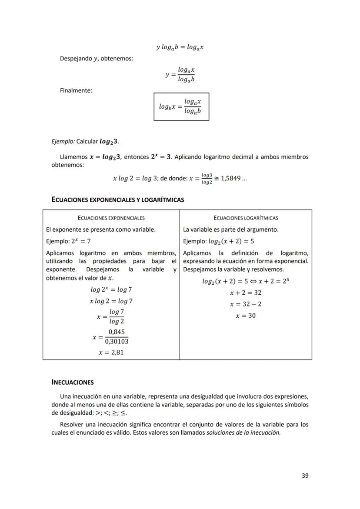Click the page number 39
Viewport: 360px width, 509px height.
305,476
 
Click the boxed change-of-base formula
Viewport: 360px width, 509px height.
181,106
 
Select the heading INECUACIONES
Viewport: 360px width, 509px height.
72,383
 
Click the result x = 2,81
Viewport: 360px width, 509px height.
111,353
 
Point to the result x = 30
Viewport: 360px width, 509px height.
246,316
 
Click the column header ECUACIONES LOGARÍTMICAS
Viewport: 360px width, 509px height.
246,218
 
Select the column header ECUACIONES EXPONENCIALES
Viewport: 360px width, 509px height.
111,218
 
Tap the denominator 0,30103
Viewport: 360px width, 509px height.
116,342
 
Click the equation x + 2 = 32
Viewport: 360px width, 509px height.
246,293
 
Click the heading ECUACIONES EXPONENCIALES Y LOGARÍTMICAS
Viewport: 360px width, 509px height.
117,200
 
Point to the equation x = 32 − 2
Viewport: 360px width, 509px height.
246,304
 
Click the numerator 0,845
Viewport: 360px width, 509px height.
116,332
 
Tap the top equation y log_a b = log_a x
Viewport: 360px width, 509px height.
180,47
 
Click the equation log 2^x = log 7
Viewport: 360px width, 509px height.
111,289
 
